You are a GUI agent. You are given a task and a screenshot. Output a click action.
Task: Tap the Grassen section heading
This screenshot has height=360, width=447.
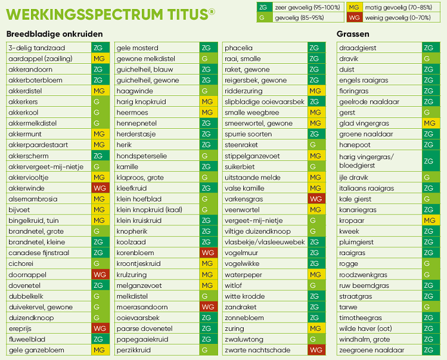tap(353, 35)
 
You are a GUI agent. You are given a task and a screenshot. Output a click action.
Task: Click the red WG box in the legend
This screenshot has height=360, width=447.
tap(354, 18)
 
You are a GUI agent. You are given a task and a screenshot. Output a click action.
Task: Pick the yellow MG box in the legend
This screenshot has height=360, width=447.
tap(354, 7)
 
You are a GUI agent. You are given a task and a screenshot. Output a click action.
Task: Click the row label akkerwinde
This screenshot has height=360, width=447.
tap(27, 188)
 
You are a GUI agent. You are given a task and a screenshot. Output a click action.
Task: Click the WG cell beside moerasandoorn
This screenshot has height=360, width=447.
tap(207, 307)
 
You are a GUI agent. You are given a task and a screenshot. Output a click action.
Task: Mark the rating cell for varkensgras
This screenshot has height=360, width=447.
tap(316, 199)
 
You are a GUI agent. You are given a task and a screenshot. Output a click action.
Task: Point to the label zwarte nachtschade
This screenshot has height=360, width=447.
tap(257, 350)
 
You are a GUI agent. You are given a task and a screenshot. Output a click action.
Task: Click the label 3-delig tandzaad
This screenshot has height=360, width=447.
tap(37, 48)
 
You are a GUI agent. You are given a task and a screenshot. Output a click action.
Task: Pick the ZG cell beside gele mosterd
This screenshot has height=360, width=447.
tap(207, 48)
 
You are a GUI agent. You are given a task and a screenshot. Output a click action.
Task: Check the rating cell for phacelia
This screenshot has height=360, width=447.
tap(316, 48)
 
